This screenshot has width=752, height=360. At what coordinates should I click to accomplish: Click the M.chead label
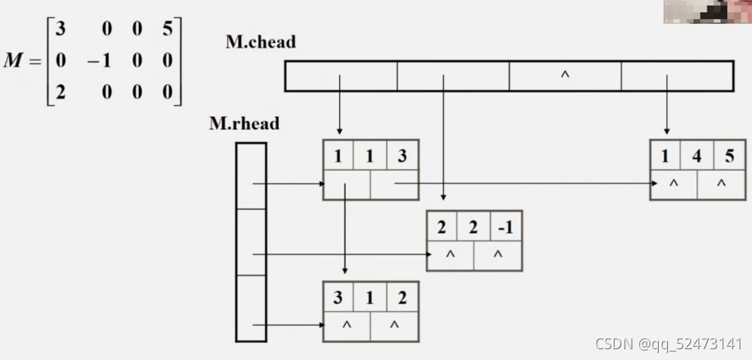pos(260,42)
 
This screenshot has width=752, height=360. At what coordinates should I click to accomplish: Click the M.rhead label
pos(243,123)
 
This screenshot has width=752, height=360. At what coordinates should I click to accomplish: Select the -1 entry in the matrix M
pos(99,61)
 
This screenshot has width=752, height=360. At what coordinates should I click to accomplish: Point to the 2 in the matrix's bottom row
pos(60,92)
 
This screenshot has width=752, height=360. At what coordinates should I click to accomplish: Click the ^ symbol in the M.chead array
pos(565,76)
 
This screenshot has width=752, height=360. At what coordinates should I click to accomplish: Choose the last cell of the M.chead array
pos(676,76)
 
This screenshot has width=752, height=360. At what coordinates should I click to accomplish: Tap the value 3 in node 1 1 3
pos(401,156)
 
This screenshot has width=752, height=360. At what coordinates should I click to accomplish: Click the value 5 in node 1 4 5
pos(729,156)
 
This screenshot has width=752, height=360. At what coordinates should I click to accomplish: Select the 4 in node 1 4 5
pos(697,156)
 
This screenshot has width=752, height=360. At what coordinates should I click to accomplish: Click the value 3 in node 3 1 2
pos(338,298)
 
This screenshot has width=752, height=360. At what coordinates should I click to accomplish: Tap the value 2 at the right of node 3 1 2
pos(402,298)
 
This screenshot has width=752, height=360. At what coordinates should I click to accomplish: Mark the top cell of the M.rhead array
pos(251,175)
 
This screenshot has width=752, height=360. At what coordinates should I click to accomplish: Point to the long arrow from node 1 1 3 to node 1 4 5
pos(524,183)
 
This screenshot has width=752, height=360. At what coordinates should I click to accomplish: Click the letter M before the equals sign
pos(14,61)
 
